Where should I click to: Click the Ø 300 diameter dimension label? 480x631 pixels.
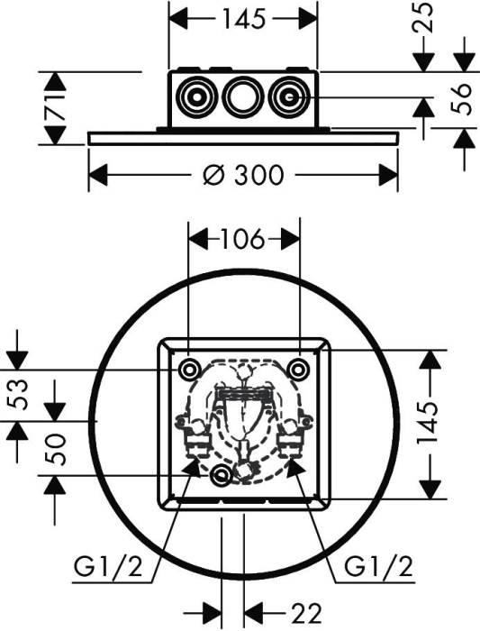click(243, 175)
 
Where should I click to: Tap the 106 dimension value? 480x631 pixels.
click(242, 239)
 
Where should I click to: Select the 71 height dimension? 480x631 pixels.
click(54, 108)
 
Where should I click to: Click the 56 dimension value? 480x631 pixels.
click(462, 98)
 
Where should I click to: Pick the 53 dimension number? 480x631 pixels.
click(19, 395)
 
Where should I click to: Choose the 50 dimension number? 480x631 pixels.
click(55, 449)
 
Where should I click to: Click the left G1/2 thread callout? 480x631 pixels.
click(108, 568)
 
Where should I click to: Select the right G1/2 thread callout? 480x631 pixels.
click(379, 568)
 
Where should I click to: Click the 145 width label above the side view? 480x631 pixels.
click(244, 19)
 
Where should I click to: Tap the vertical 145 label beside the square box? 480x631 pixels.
click(427, 422)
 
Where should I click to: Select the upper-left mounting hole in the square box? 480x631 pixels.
click(189, 369)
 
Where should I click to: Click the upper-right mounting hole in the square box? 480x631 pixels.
click(299, 369)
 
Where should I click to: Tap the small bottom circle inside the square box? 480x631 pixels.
click(221, 476)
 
